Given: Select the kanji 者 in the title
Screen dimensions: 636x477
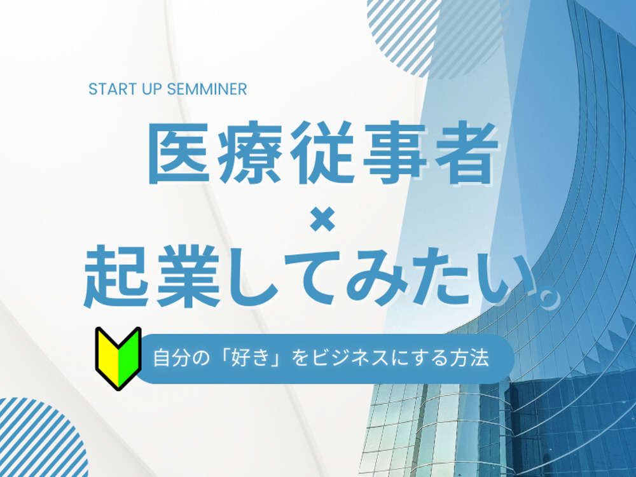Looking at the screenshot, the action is pyautogui.click(x=466, y=152).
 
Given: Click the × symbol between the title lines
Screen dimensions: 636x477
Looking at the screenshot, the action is pyautogui.click(x=323, y=219).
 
